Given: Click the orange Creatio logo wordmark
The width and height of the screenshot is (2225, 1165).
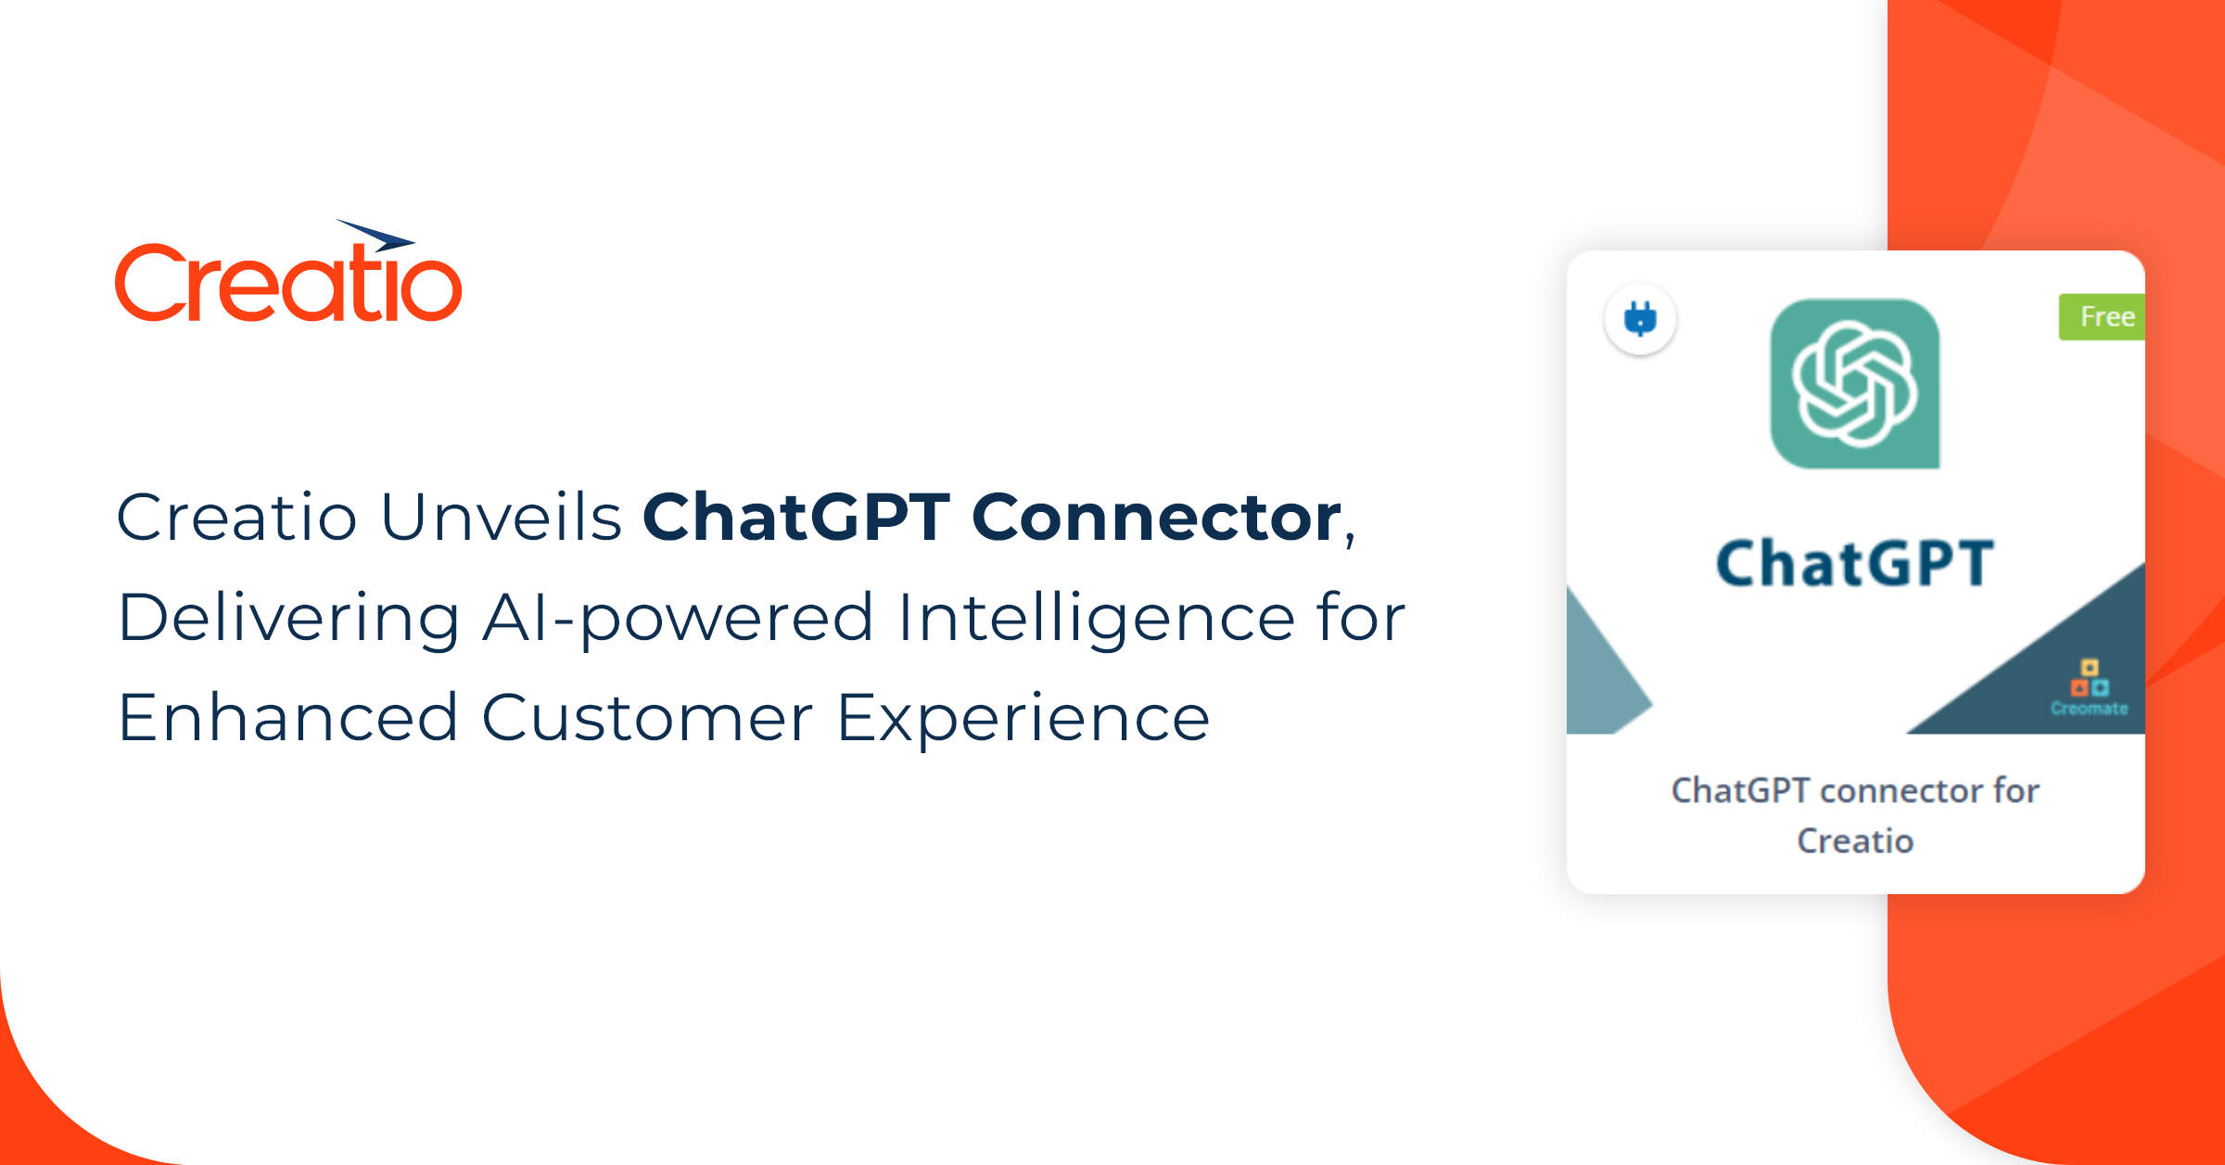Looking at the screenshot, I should (287, 283).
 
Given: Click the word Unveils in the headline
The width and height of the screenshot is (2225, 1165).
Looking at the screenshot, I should (501, 517).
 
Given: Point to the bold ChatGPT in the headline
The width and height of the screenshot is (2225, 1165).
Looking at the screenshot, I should (796, 517).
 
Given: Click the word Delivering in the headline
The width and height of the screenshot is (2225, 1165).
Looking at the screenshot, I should (288, 619).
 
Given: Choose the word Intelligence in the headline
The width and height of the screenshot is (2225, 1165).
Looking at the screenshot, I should (1096, 619).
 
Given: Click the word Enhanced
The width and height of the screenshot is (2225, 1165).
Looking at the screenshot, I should (288, 718).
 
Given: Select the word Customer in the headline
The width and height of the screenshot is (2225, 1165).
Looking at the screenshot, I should (647, 718).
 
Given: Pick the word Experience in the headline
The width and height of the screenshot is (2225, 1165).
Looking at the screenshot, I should (1023, 718).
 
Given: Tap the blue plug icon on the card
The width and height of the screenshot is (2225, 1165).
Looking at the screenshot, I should (1640, 320).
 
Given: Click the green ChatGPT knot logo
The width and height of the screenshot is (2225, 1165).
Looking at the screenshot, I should (1855, 384).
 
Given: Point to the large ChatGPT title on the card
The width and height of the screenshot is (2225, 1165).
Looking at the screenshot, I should (1855, 563).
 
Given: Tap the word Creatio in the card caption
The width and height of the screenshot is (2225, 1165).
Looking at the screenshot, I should (1855, 841).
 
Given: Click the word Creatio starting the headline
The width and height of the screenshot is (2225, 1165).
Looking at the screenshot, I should (236, 517).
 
